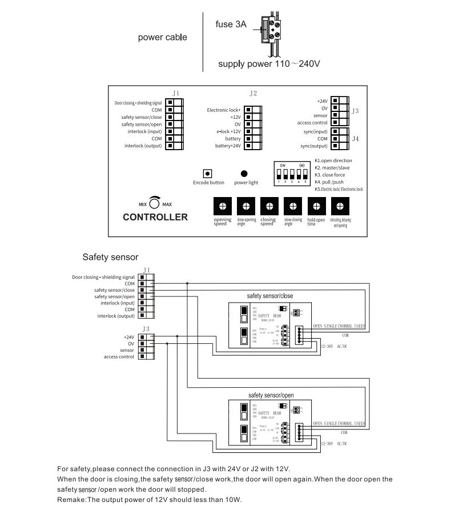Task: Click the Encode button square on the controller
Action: click(208, 173)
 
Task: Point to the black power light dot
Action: click(244, 173)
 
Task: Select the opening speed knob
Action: click(222, 206)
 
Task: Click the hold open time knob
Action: click(316, 206)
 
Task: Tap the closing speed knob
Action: click(269, 206)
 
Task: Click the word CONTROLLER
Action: click(155, 217)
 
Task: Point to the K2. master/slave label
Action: click(333, 168)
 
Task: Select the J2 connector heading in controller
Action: click(253, 93)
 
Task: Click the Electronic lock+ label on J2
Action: click(224, 109)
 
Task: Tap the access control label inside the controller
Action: click(312, 122)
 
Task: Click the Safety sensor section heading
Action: click(110, 257)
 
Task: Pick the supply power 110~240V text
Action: click(269, 63)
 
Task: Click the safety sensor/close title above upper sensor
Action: click(270, 296)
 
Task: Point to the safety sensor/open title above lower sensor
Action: click(271, 395)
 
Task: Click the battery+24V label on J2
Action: click(228, 146)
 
